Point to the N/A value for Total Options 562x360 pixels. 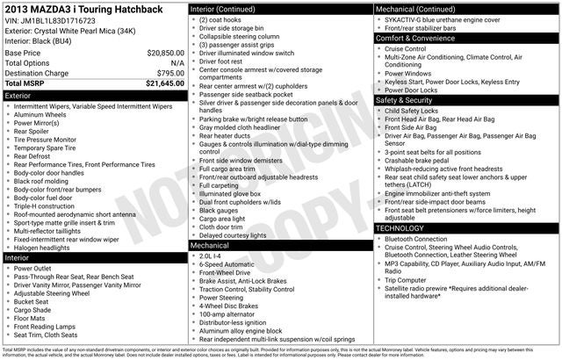click(x=177, y=63)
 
